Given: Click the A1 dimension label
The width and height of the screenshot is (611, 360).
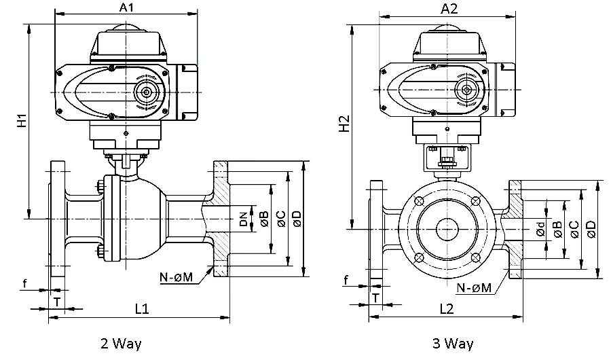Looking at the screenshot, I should (x=127, y=7).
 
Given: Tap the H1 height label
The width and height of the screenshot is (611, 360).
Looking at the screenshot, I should (x=22, y=121).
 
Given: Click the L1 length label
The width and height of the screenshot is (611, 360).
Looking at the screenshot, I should (x=141, y=309).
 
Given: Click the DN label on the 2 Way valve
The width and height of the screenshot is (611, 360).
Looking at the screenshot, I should (x=243, y=219).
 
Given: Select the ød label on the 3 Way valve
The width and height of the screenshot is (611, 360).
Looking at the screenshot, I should (x=540, y=230).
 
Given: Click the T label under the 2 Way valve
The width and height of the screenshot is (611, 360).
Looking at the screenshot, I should (x=57, y=300).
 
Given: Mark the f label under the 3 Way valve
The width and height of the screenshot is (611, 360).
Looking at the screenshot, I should (x=346, y=281).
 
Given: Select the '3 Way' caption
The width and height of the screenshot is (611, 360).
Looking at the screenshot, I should (x=453, y=344).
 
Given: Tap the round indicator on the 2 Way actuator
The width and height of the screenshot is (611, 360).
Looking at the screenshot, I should (x=145, y=92).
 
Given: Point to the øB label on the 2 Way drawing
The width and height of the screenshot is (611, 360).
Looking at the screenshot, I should (x=263, y=219).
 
